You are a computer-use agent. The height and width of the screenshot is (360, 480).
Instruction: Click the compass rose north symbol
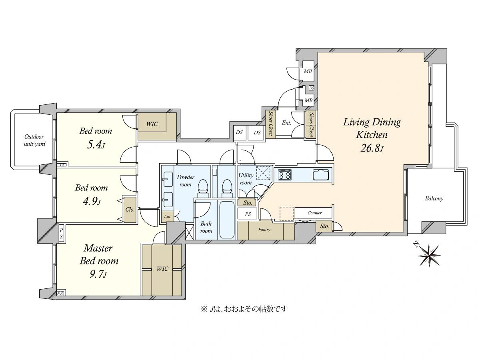pyautogui.click(x=429, y=255)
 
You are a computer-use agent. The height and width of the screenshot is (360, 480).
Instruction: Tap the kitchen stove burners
pyautogui.click(x=284, y=175)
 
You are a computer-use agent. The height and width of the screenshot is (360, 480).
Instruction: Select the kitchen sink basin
pyautogui.click(x=321, y=175)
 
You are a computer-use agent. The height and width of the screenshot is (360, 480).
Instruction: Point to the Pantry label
pyautogui.click(x=264, y=230)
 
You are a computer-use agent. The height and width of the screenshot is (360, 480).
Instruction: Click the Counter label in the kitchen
pyautogui.click(x=314, y=213)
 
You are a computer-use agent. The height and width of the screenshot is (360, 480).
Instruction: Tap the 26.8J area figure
pyautogui.click(x=372, y=148)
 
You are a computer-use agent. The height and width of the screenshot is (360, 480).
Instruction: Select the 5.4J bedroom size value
pyautogui.click(x=96, y=145)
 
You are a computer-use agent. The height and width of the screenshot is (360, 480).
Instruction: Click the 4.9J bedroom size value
pyautogui.click(x=92, y=202)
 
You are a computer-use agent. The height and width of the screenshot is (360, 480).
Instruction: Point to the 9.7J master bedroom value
pyautogui.click(x=98, y=274)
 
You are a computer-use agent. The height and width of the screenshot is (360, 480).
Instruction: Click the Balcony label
pyautogui.click(x=434, y=198)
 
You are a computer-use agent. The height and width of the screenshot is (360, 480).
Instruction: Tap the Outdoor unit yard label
pyautogui.click(x=34, y=140)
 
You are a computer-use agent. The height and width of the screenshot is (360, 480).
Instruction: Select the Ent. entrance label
pyautogui.click(x=286, y=123)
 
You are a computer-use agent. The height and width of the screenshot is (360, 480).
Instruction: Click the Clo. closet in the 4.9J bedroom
pyautogui.click(x=130, y=210)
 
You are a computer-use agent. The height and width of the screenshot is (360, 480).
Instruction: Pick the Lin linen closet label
pyautogui.click(x=167, y=216)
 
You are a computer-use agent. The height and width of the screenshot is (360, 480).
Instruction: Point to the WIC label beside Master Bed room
pyautogui.click(x=162, y=269)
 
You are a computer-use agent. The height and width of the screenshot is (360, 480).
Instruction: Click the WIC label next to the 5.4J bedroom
pyautogui.click(x=152, y=124)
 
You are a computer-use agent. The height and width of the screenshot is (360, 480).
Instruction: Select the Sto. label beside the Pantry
pyautogui.click(x=324, y=226)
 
